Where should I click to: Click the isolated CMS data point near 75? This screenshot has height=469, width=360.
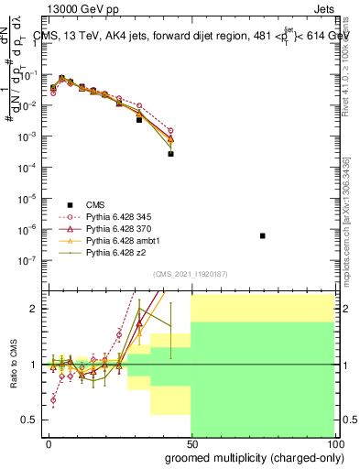263,235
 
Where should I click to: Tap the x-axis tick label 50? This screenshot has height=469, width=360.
191,442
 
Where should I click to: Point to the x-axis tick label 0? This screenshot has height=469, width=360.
49,442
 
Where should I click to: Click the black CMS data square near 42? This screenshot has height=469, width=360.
170,154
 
